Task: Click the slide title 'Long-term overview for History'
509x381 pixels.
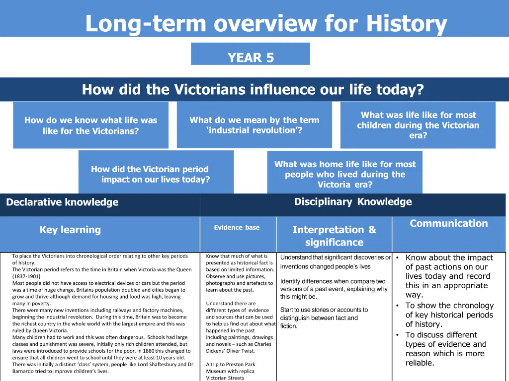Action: tap(266, 23)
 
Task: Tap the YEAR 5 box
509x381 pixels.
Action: tap(251, 58)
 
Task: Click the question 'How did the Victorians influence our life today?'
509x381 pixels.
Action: tap(253, 90)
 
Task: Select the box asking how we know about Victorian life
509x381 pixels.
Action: tap(90, 126)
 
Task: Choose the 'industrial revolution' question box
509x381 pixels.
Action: tap(254, 125)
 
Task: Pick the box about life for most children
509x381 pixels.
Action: tap(418, 125)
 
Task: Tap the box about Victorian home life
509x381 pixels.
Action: tap(345, 174)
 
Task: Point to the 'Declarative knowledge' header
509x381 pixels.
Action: tap(62, 202)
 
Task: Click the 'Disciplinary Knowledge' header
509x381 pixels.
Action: tap(353, 201)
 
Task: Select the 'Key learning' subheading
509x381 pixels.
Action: tap(70, 230)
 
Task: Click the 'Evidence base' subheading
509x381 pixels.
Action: tap(237, 228)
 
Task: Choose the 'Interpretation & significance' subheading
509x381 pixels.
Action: tap(334, 236)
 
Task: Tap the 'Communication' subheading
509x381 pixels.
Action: tap(449, 223)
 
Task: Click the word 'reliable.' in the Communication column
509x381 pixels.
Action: tap(420, 363)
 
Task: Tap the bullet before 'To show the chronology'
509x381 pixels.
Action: tap(398, 306)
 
